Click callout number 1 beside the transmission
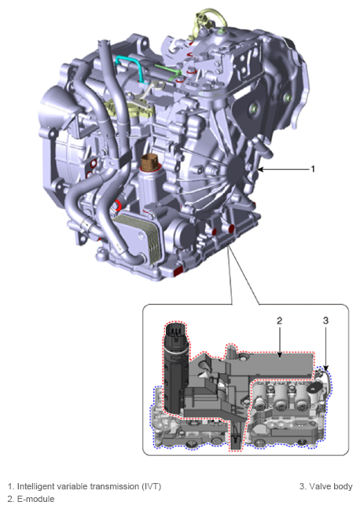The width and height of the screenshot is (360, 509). point(313,168)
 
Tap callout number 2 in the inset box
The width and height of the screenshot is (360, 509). point(279,320)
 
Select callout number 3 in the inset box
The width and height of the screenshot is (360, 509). point(325,320)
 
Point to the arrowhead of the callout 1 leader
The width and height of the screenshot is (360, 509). point(260,169)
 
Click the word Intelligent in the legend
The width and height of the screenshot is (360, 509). point(37,486)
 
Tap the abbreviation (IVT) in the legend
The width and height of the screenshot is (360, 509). point(150,486)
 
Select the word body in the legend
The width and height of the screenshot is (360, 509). point(343,486)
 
